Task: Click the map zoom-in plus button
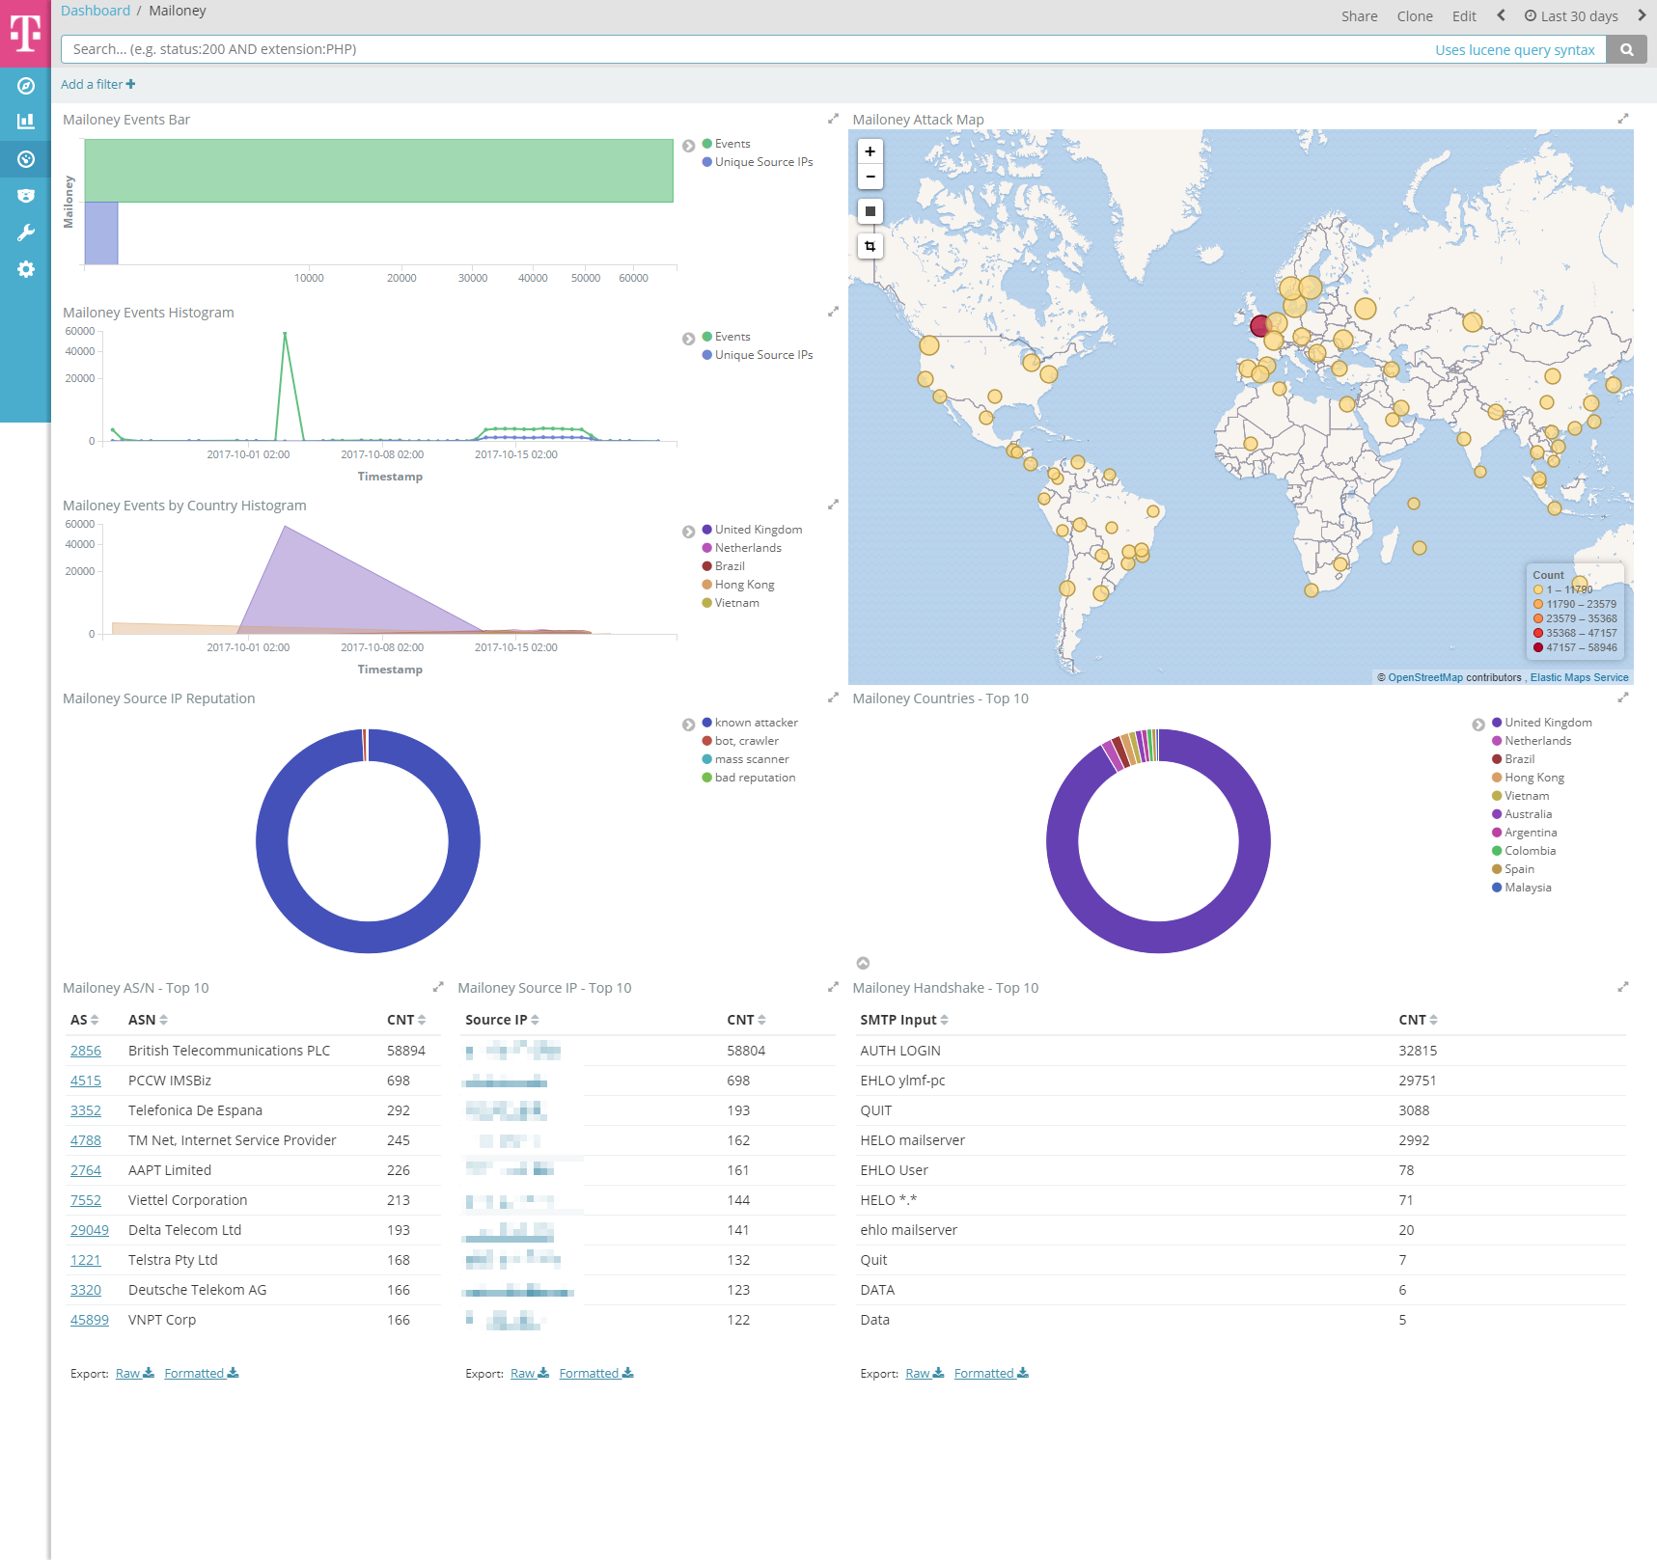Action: pyautogui.click(x=870, y=151)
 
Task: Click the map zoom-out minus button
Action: pyautogui.click(x=870, y=177)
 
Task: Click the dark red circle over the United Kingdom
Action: pyautogui.click(x=1260, y=326)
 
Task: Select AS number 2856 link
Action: pyautogui.click(x=86, y=1051)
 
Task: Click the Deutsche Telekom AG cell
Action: pyautogui.click(x=197, y=1290)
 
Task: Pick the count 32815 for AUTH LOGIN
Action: pyautogui.click(x=1417, y=1051)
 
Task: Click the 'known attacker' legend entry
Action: pyautogui.click(x=756, y=723)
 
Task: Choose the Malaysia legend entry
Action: pyautogui.click(x=1527, y=888)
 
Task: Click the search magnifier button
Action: pyautogui.click(x=1626, y=49)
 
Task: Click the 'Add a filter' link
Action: pyautogui.click(x=97, y=84)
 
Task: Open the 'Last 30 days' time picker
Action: pyautogui.click(x=1571, y=16)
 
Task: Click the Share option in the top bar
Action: pyautogui.click(x=1359, y=16)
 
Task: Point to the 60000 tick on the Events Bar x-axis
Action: pyautogui.click(x=633, y=278)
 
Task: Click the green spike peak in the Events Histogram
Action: pyautogui.click(x=285, y=333)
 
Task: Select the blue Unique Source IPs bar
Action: pyautogui.click(x=101, y=233)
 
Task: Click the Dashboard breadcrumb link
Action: pyautogui.click(x=96, y=11)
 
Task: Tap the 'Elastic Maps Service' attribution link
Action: pyautogui.click(x=1579, y=677)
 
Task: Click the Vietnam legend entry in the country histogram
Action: pyautogui.click(x=736, y=603)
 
